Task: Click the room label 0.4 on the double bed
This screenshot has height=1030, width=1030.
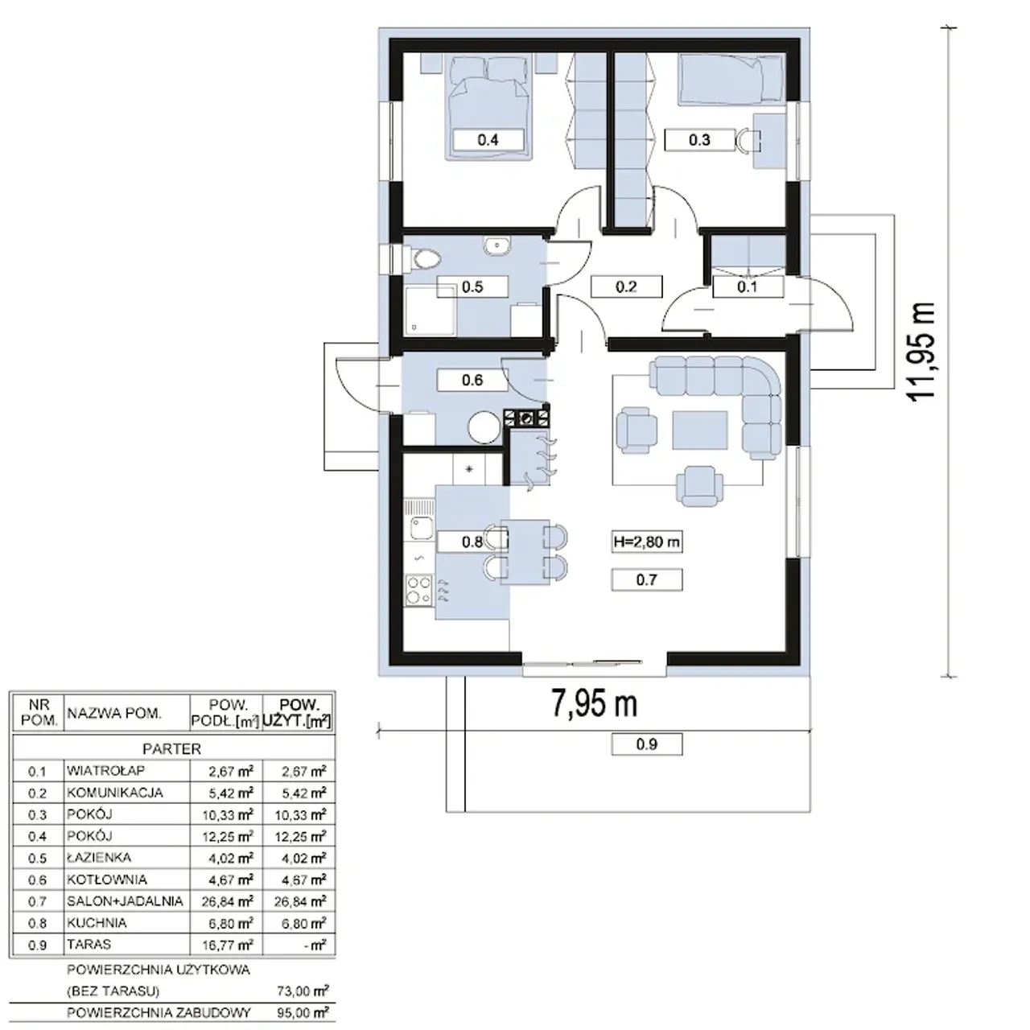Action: coord(488,140)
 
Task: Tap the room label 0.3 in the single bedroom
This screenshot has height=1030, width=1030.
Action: coord(699,140)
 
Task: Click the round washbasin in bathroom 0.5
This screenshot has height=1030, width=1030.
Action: coord(497,245)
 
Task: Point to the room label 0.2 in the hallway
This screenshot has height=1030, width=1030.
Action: coord(626,287)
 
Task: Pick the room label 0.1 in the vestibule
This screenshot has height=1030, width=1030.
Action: coord(748,287)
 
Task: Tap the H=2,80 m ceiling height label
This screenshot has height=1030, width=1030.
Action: coord(647,542)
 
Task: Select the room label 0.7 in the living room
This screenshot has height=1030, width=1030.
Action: coord(647,580)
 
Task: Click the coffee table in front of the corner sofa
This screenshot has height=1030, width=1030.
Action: coord(699,431)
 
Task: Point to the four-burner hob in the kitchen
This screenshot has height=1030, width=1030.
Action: coord(419,590)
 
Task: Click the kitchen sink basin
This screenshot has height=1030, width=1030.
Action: coord(422,529)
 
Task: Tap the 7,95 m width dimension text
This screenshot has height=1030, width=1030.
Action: coord(594,703)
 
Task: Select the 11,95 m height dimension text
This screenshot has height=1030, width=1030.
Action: coord(921,351)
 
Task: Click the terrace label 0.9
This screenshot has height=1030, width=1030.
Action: coord(647,744)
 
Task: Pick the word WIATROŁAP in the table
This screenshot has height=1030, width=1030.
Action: coord(105,770)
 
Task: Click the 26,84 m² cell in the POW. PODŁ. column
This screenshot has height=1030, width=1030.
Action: coord(227,902)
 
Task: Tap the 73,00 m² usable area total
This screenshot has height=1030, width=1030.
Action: coord(303,991)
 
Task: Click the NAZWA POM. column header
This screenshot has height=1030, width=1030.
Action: coord(113,713)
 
